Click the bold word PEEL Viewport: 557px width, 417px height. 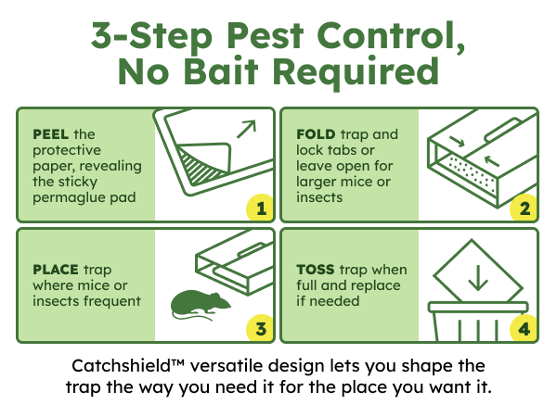click(x=50, y=134)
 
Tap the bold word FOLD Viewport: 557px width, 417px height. click(x=316, y=134)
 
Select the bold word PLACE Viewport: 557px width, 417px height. click(x=56, y=270)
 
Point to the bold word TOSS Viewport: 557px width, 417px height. click(x=316, y=270)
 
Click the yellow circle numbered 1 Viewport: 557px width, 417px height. click(x=260, y=208)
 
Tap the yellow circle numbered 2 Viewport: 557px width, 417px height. click(x=524, y=208)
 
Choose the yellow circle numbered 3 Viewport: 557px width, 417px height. click(x=260, y=328)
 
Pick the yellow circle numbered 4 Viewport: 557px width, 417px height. click(x=524, y=328)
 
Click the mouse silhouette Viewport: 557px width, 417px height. click(x=200, y=304)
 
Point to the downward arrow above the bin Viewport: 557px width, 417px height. click(x=478, y=278)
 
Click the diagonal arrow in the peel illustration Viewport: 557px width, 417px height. click(x=246, y=130)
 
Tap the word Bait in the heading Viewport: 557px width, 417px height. click(x=221, y=71)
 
